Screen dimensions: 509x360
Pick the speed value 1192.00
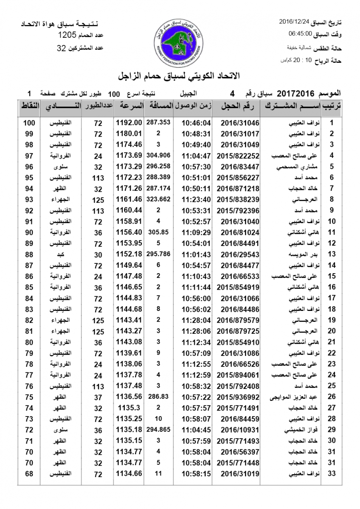coord(129,123)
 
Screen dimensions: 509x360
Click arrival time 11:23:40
coord(196,199)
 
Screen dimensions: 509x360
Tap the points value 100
coord(29,123)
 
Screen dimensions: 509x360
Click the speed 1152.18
coord(129,254)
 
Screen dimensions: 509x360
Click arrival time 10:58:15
coord(196,473)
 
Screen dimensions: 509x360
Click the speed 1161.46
coord(129,199)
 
